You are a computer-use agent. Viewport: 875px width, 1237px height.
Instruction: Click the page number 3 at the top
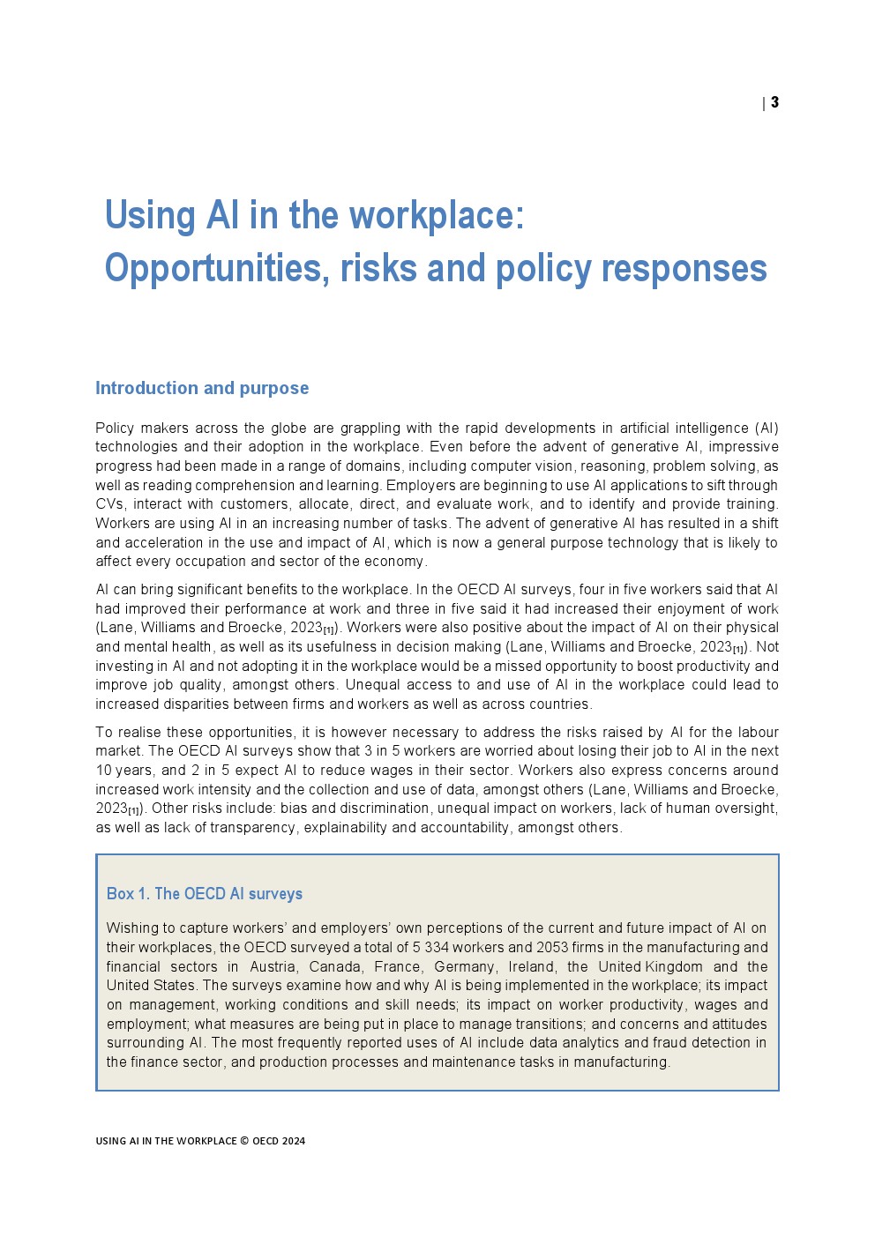pos(774,102)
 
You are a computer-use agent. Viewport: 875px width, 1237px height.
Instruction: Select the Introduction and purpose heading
pos(202,388)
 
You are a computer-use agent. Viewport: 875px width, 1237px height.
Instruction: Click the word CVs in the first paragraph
pos(111,504)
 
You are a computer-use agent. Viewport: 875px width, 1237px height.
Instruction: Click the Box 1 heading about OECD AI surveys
pos(205,894)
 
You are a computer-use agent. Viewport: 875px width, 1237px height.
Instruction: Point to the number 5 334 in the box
pos(428,948)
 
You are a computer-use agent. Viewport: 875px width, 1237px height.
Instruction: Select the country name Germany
pos(464,967)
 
